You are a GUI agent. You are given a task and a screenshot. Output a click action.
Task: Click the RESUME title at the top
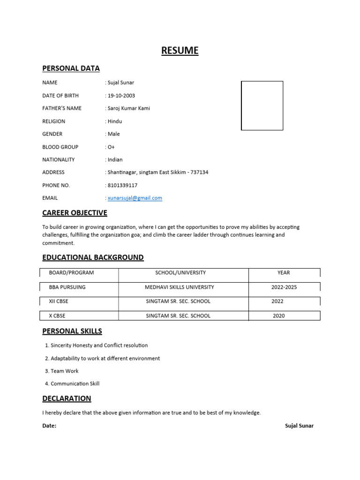[x=180, y=51]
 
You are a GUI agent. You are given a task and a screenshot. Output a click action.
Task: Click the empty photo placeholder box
[x=262, y=105]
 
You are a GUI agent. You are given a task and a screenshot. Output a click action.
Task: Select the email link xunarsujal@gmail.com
[x=135, y=198]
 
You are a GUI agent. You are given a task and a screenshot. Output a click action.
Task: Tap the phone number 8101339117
[x=122, y=185]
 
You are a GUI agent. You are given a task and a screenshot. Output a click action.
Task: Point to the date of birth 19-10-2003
[x=121, y=96]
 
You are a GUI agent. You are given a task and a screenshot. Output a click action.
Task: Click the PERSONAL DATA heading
[x=71, y=68]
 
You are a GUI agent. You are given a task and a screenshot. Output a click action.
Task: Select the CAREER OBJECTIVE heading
[x=75, y=213]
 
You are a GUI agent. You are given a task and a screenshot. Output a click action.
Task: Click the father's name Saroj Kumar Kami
[x=129, y=108]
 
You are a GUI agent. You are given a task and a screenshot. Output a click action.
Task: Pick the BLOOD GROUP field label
[x=60, y=147]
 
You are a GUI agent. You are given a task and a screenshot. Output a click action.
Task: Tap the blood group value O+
[x=112, y=147]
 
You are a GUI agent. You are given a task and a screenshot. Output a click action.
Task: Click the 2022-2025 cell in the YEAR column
[x=284, y=287]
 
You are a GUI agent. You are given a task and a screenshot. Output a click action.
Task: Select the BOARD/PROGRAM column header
[x=71, y=272]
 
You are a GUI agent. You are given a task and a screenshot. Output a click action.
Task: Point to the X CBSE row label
[x=57, y=315]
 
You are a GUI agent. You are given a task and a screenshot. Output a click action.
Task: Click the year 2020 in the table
[x=279, y=315]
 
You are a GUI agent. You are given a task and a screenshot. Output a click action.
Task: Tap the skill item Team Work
[x=65, y=371]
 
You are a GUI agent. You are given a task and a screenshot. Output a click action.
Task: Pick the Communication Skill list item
[x=75, y=383]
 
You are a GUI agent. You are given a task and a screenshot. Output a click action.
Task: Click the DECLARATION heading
[x=67, y=398]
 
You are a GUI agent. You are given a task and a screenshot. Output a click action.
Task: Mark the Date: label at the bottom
[x=49, y=426]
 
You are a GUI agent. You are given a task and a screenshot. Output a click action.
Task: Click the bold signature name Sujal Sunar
[x=299, y=426]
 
